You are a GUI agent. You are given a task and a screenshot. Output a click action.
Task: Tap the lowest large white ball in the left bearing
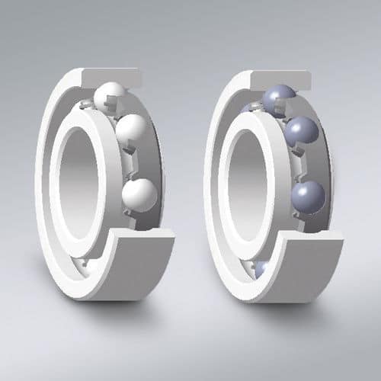pyautogui.click(x=139, y=194)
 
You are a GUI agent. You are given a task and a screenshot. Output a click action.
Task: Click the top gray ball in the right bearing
pyautogui.click(x=279, y=98)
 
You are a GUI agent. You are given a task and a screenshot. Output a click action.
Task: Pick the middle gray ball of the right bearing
pyautogui.click(x=300, y=130)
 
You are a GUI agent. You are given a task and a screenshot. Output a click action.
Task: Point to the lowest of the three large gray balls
pyautogui.click(x=308, y=197)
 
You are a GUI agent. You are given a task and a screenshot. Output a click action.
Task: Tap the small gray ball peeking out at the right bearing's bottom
pyautogui.click(x=261, y=268)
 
